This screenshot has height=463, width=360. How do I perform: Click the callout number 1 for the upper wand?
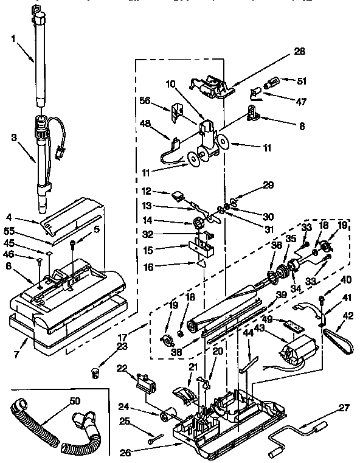coord(13,39)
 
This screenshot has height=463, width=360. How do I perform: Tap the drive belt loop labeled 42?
coord(336,337)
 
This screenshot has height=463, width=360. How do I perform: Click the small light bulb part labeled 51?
coord(270,80)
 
